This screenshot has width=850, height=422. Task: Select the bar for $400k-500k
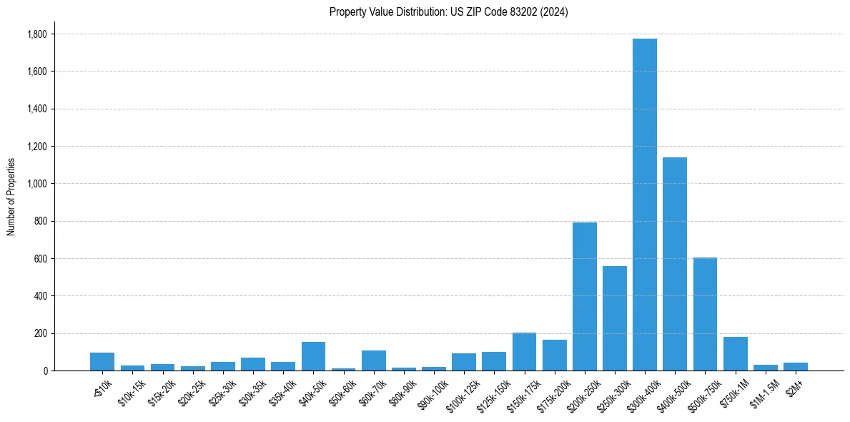(x=675, y=264)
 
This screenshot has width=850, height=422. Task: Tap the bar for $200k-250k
(x=584, y=296)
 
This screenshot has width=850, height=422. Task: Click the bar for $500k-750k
(x=705, y=314)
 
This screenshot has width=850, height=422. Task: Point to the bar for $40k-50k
(x=313, y=356)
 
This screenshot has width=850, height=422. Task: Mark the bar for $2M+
(x=795, y=367)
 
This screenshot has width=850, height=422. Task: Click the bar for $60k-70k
(x=374, y=360)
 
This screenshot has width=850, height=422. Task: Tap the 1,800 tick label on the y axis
(x=36, y=34)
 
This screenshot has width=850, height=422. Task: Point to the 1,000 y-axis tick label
(x=36, y=184)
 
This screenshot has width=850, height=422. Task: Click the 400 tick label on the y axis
(x=41, y=296)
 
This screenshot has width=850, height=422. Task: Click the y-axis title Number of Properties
(x=11, y=196)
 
